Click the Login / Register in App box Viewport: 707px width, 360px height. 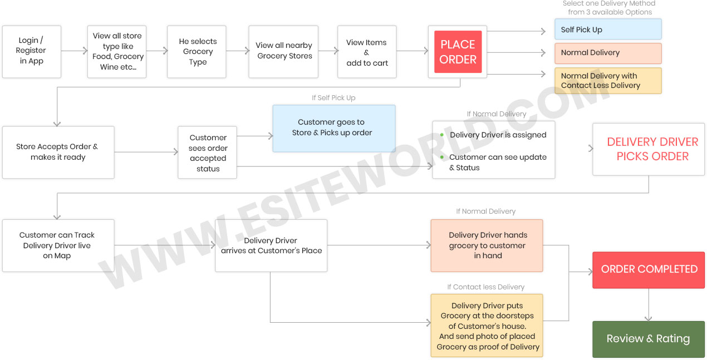click(31, 51)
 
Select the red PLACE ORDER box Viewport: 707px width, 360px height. click(458, 51)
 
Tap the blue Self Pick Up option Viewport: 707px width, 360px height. click(607, 29)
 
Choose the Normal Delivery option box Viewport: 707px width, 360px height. click(607, 53)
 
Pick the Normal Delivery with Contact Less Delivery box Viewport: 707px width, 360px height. click(607, 81)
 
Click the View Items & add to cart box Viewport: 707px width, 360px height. click(367, 52)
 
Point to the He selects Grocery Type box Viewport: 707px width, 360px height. click(197, 51)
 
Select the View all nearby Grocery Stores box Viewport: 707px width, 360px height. click(284, 51)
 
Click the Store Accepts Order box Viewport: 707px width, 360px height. click(58, 152)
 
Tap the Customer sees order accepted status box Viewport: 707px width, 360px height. click(208, 152)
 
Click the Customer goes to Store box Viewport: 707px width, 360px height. click(333, 128)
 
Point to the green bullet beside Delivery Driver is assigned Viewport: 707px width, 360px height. click(442, 135)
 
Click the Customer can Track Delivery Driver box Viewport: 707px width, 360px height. click(58, 245)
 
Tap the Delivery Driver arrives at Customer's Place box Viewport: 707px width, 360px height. click(271, 245)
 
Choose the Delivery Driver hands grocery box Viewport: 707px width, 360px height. click(487, 245)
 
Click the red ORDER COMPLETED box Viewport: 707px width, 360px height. click(649, 269)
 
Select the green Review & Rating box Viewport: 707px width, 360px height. click(648, 339)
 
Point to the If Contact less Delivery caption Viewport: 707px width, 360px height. click(485, 287)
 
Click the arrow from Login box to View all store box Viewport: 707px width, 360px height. click(74, 51)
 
